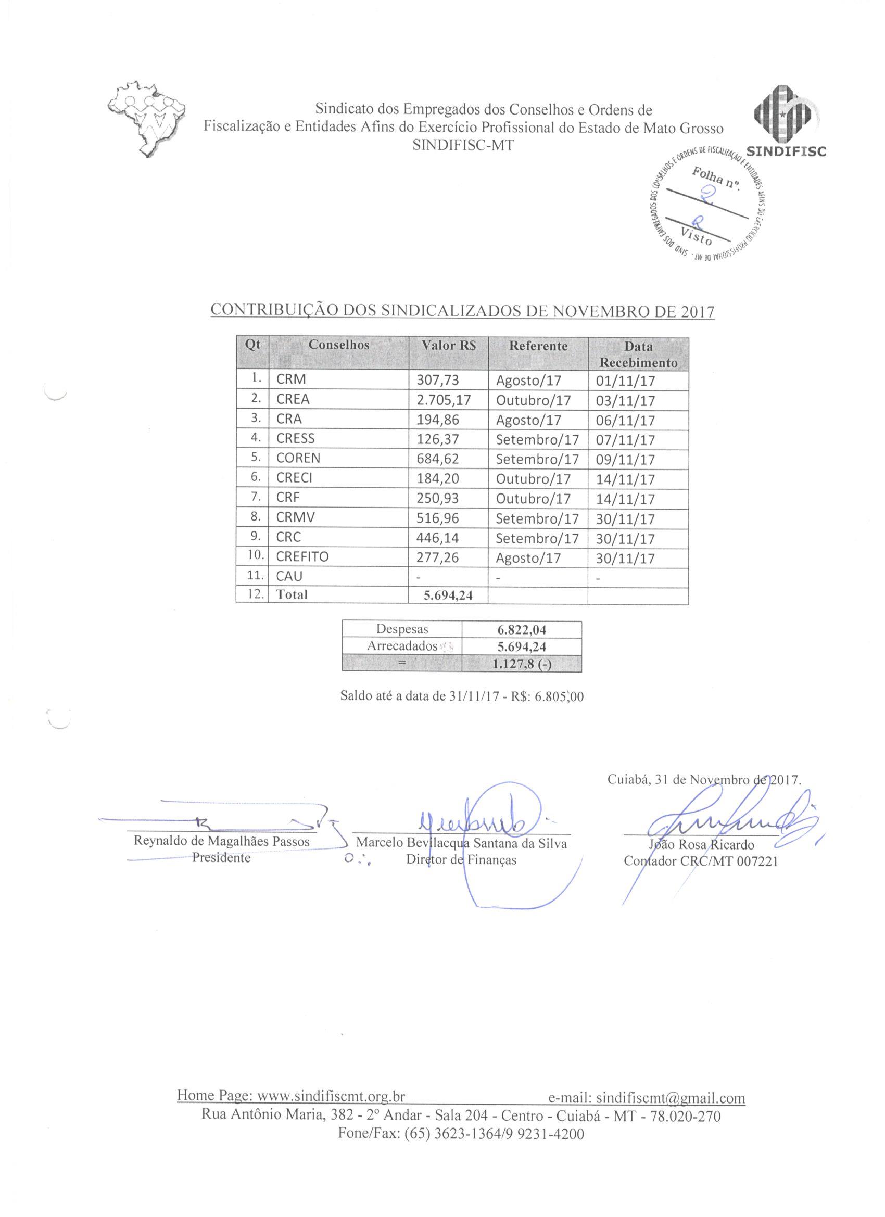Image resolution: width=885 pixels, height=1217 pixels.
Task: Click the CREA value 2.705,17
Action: (444, 400)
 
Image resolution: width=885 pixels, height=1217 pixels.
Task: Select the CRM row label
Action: (291, 380)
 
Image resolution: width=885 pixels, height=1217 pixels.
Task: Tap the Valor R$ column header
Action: (448, 346)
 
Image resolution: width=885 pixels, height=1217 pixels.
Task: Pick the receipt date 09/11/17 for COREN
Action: (625, 459)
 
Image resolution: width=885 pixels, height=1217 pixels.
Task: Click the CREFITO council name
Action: (302, 557)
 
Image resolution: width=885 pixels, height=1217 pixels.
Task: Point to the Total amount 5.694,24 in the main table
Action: (448, 595)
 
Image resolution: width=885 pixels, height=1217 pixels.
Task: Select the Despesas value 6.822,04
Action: (522, 630)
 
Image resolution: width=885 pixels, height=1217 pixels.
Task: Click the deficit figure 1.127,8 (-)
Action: (522, 664)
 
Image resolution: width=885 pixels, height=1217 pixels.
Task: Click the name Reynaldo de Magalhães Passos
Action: (222, 841)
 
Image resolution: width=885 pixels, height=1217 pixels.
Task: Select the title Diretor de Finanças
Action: (461, 860)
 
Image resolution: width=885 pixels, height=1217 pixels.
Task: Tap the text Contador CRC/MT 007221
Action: (700, 861)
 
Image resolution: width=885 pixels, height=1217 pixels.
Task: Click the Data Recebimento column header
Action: (638, 354)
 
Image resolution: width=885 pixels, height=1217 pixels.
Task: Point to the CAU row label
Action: (289, 576)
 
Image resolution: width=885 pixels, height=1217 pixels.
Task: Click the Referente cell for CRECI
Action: (533, 479)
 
